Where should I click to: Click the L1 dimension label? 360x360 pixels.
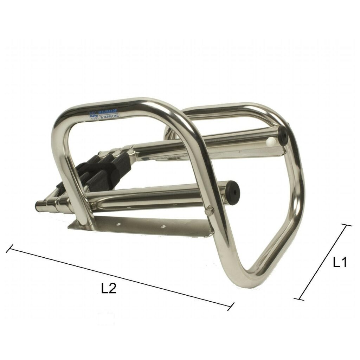click(x=340, y=262)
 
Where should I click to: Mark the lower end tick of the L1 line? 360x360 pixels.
click(x=299, y=299)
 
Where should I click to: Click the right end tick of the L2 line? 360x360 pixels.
click(x=231, y=306)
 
